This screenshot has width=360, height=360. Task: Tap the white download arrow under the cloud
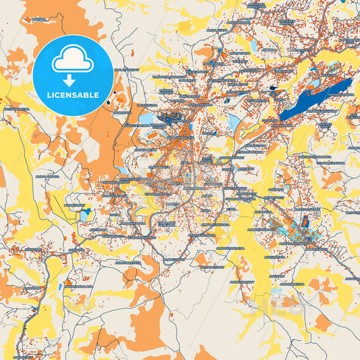click(x=72, y=80)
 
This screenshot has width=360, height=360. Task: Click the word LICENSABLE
click(x=72, y=95)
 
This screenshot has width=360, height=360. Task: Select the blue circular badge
click(x=72, y=74)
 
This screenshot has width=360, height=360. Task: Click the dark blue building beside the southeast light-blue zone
click(x=305, y=222)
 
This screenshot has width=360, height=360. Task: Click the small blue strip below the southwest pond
click(x=60, y=286)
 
